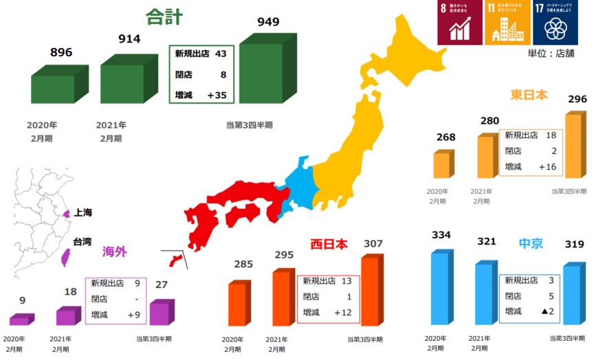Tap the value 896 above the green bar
[x=61, y=52]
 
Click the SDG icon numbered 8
[x=459, y=23]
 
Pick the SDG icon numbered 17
[x=555, y=23]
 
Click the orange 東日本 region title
[x=529, y=95]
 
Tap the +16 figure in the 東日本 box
[x=547, y=167]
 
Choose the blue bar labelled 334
[x=441, y=287]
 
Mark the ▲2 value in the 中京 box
[x=548, y=311]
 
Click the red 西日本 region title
[x=329, y=244]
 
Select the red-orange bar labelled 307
[x=370, y=291]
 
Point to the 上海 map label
[x=83, y=212]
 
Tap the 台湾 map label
[x=83, y=242]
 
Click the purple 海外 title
[x=115, y=251]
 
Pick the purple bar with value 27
[x=159, y=313]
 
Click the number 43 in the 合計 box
[x=221, y=54]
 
